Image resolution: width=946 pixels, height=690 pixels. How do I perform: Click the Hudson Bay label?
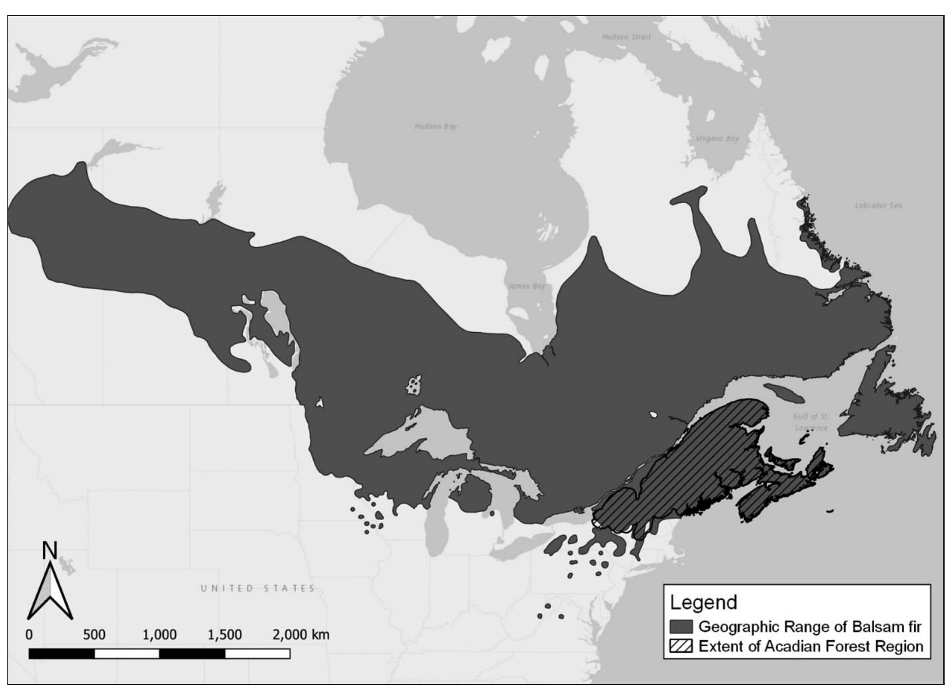click(x=435, y=126)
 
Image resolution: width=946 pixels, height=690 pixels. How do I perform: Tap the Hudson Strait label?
click(x=626, y=37)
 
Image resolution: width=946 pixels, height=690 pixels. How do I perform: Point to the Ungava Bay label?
click(x=717, y=138)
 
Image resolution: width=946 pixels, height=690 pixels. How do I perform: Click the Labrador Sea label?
click(x=878, y=206)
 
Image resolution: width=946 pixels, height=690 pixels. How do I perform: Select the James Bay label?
click(x=527, y=286)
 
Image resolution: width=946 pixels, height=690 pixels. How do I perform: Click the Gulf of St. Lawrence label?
click(x=810, y=422)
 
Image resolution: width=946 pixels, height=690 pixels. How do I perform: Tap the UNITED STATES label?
click(x=258, y=588)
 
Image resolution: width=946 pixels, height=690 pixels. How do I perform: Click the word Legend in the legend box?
click(x=703, y=602)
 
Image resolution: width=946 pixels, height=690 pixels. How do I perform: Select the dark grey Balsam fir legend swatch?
click(x=681, y=627)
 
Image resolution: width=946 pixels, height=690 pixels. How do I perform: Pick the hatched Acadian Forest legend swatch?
click(x=681, y=646)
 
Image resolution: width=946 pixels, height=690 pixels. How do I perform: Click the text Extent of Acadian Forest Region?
click(x=811, y=646)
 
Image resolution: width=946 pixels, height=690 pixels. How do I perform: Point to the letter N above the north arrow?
click(x=50, y=551)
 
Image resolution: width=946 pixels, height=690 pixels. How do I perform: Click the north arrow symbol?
click(x=50, y=593)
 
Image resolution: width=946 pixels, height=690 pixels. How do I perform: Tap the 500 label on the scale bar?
click(x=94, y=635)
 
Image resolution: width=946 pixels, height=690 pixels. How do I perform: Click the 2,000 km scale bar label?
click(x=301, y=635)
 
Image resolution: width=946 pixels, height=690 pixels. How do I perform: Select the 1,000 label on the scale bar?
click(x=160, y=635)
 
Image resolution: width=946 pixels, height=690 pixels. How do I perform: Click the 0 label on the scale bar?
click(x=29, y=635)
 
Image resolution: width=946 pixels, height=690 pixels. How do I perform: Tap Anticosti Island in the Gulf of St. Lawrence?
click(x=785, y=392)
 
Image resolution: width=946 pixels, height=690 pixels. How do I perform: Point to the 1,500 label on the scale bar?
click(x=224, y=635)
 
